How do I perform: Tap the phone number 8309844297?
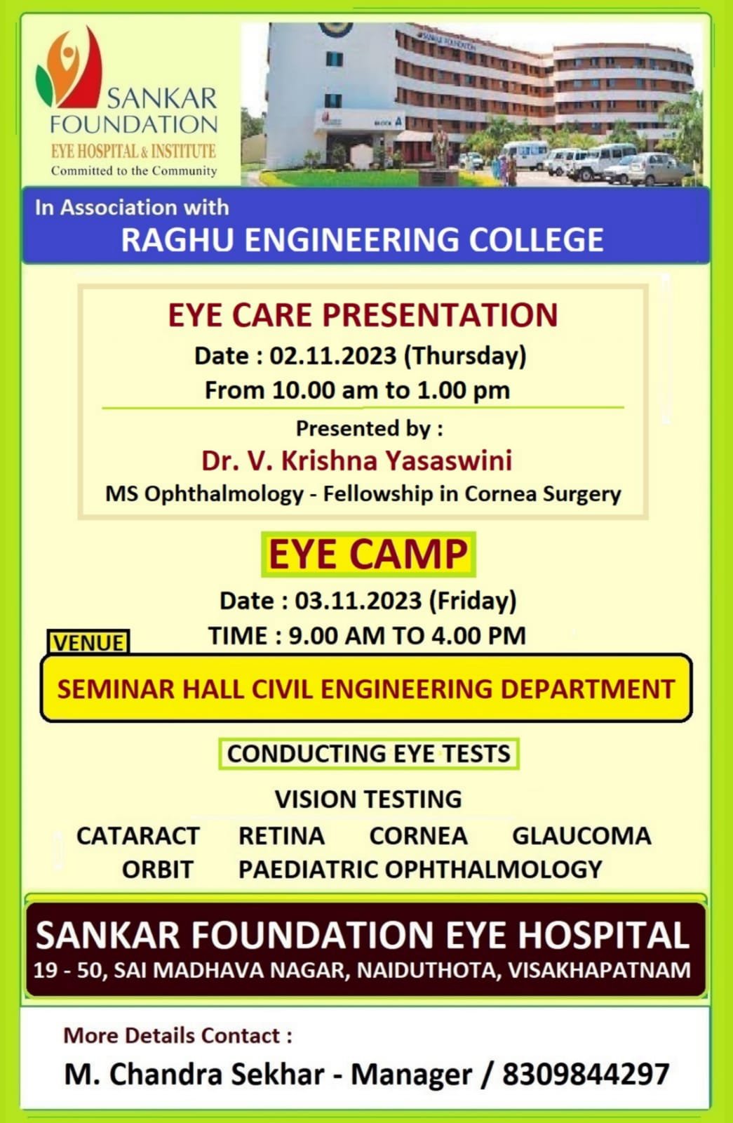[586, 1075]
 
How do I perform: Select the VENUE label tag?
[88, 643]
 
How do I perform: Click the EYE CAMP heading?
[368, 554]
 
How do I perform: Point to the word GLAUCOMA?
[581, 836]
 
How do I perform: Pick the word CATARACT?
[137, 836]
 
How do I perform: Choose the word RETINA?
[281, 836]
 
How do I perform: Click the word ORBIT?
[157, 870]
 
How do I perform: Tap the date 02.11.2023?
[333, 355]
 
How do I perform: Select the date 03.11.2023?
[358, 600]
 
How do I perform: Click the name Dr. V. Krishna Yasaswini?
[357, 460]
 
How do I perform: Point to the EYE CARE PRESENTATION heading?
[363, 315]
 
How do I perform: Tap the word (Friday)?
[473, 601]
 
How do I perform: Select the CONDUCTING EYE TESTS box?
[369, 754]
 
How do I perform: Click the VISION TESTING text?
[368, 799]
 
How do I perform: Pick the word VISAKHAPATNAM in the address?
[599, 970]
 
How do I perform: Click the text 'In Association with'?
[132, 207]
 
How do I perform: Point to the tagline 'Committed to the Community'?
[134, 171]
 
